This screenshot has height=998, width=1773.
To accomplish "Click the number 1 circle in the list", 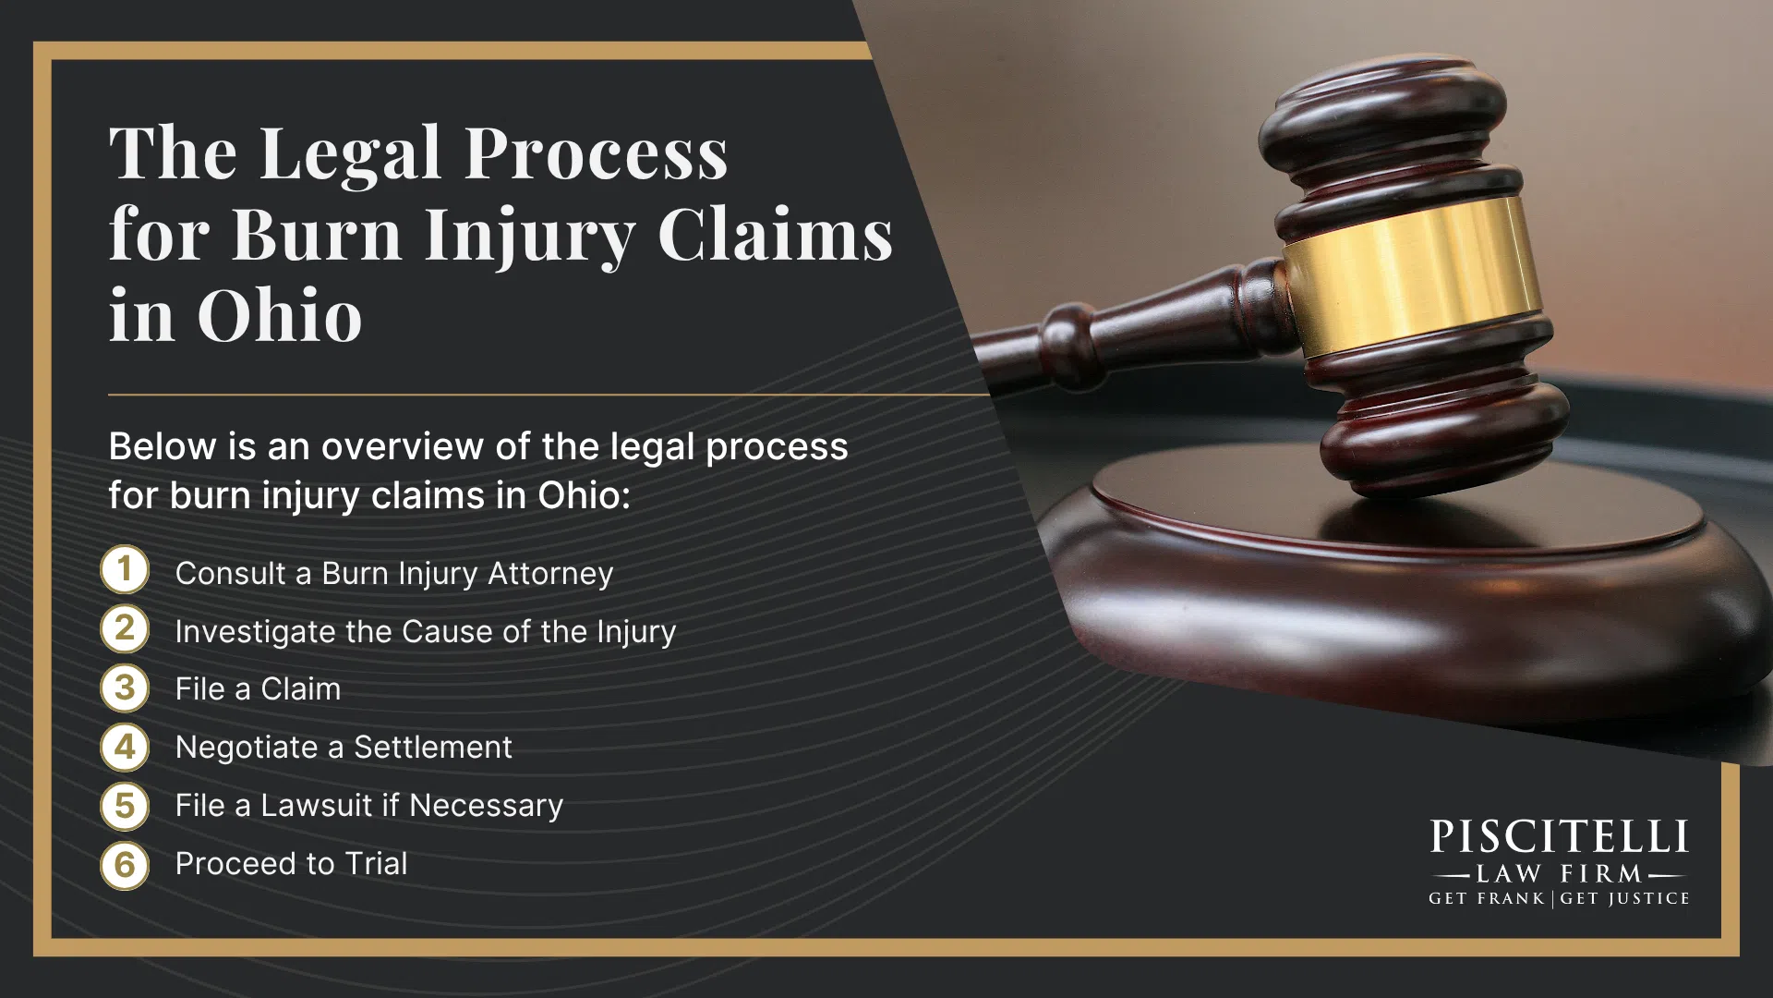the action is [125, 569].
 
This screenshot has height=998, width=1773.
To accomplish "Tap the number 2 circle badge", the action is [125, 628].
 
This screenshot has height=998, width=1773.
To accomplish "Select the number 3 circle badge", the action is [125, 688].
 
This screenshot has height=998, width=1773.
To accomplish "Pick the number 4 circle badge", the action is [125, 747].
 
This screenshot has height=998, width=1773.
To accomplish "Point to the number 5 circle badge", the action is [125, 806].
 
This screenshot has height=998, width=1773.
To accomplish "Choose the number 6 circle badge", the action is [125, 865].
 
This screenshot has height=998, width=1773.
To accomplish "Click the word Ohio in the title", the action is [280, 315].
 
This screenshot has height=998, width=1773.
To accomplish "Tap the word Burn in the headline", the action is [317, 235].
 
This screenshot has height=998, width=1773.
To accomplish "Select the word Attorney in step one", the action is [550, 574].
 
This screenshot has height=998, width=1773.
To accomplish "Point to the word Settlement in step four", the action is [433, 747].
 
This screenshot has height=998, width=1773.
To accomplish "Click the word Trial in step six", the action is [376, 863].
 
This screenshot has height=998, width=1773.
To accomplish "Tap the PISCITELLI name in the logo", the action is [1560, 837].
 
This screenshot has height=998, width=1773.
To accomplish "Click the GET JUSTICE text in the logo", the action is [1625, 898].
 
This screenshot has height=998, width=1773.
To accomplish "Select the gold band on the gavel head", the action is [1410, 277].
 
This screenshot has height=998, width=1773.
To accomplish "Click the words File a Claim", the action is [259, 689].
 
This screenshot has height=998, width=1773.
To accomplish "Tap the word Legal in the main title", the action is [351, 154].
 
